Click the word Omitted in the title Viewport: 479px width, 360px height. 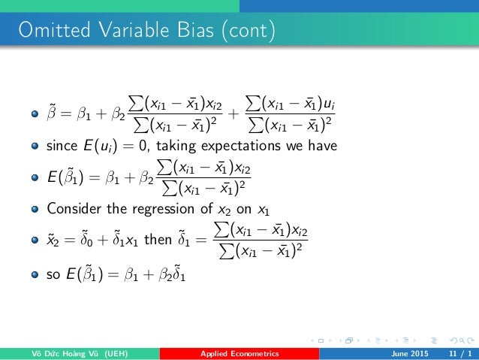coord(41,32)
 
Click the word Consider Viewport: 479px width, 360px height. coord(74,208)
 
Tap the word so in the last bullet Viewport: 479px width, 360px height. coord(53,275)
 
